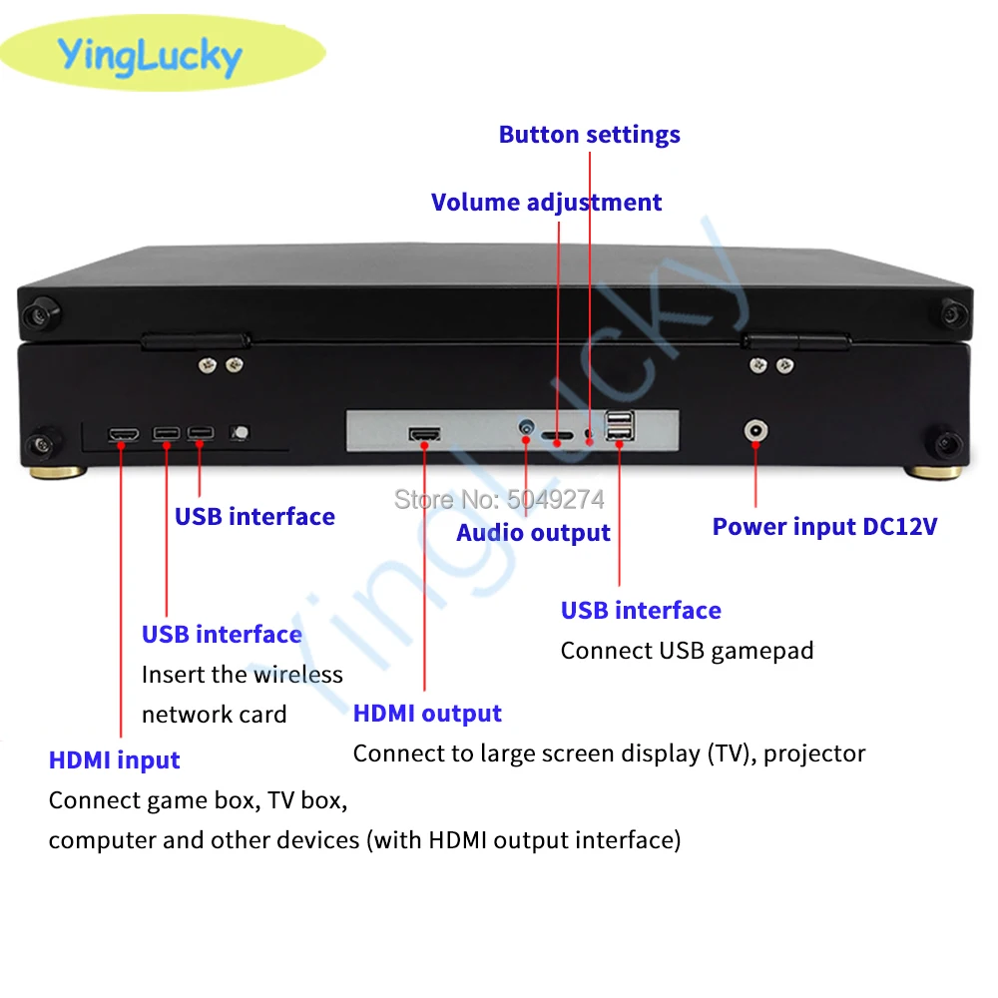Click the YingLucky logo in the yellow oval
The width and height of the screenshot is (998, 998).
click(x=150, y=56)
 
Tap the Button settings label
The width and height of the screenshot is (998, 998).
click(x=589, y=135)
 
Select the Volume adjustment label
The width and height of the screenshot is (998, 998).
click(x=546, y=203)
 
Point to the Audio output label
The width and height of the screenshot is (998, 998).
click(x=533, y=533)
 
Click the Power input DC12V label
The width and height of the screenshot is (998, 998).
click(x=824, y=527)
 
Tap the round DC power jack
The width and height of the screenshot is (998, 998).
click(x=755, y=432)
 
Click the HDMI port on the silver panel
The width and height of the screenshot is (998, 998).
click(x=425, y=434)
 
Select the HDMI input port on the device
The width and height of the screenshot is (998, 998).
click(x=124, y=434)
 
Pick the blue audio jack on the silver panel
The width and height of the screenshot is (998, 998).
click(x=526, y=431)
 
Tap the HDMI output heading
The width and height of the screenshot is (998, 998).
click(x=427, y=714)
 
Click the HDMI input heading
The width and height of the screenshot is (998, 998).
click(x=114, y=760)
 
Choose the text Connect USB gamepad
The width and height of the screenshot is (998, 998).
click(x=687, y=651)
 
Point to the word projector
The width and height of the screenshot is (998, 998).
click(x=814, y=753)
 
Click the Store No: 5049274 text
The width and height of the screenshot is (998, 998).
click(x=499, y=498)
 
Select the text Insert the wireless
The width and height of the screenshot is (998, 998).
click(x=242, y=675)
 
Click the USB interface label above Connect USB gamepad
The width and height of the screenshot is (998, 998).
click(x=641, y=611)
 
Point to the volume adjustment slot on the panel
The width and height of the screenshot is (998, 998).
click(x=558, y=436)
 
